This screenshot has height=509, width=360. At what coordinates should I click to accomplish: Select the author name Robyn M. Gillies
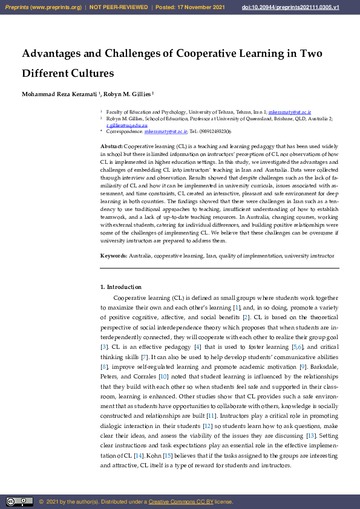click(128, 94)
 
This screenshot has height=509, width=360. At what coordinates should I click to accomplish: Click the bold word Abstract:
click(111, 147)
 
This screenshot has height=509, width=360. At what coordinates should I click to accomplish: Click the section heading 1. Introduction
click(121, 287)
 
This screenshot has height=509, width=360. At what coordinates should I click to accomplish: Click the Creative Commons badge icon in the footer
click(19, 502)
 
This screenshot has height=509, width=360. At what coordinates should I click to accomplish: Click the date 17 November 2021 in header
click(201, 7)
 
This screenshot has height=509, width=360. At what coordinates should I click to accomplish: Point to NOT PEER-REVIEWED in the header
click(119, 7)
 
